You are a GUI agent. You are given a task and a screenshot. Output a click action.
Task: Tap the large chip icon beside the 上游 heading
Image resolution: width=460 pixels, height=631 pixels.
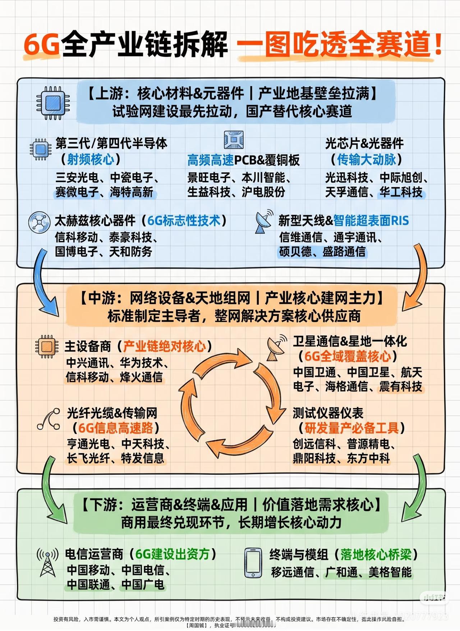click(x=53, y=103)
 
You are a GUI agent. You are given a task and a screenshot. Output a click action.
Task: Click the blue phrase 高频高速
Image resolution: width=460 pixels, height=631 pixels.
click(x=211, y=160)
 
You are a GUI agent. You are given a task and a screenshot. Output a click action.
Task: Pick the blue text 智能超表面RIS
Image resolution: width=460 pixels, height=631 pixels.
click(x=371, y=220)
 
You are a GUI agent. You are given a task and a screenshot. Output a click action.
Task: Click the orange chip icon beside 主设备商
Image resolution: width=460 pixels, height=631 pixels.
click(x=47, y=346)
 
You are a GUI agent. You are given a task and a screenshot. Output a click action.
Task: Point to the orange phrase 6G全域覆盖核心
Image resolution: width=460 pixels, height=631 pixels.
click(x=348, y=356)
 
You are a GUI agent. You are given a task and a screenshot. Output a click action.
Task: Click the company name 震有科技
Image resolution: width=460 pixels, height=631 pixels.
click(x=401, y=387)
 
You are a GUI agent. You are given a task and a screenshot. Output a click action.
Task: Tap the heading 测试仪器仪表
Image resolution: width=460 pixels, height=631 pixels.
click(x=328, y=413)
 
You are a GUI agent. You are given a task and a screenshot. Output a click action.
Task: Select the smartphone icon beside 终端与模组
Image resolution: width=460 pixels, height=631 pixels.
click(x=253, y=563)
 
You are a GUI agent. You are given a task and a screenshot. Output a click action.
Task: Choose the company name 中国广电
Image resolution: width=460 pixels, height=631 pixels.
click(x=143, y=585)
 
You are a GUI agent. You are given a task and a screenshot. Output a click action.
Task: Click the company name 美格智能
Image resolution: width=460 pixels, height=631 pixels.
click(x=390, y=572)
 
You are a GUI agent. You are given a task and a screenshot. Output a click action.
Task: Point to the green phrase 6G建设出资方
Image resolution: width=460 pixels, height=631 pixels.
click(x=172, y=554)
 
